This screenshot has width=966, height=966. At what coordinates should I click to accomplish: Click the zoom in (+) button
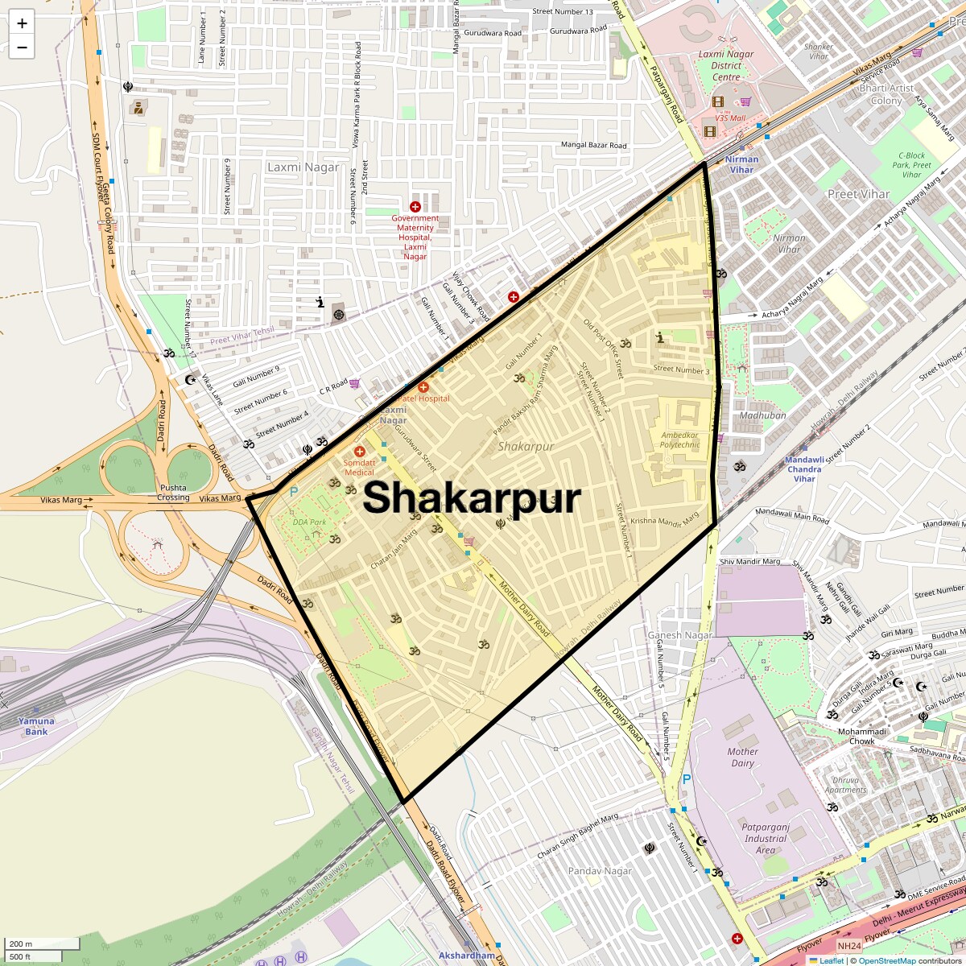22,23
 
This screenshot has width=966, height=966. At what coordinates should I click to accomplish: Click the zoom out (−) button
22,47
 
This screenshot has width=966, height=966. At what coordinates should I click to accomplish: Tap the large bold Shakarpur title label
472,498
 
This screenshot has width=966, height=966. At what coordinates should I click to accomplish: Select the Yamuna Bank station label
36,726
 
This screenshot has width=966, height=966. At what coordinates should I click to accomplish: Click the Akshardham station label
467,956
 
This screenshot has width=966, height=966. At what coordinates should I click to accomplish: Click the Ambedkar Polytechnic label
679,440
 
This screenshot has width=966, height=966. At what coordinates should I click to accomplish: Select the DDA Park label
309,522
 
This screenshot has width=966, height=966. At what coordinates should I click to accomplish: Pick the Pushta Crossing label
173,493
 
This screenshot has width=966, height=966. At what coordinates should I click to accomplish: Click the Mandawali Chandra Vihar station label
804,469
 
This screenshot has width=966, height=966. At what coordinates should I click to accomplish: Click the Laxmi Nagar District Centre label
726,66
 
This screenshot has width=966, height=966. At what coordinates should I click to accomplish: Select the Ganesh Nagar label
680,635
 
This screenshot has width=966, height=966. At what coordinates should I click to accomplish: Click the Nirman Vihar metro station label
741,164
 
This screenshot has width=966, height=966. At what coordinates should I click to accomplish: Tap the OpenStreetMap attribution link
886,960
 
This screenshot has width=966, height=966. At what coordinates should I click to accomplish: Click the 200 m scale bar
42,943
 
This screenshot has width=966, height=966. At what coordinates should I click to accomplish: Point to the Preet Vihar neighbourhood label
858,194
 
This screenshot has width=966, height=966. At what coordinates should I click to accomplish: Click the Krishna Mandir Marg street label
665,520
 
